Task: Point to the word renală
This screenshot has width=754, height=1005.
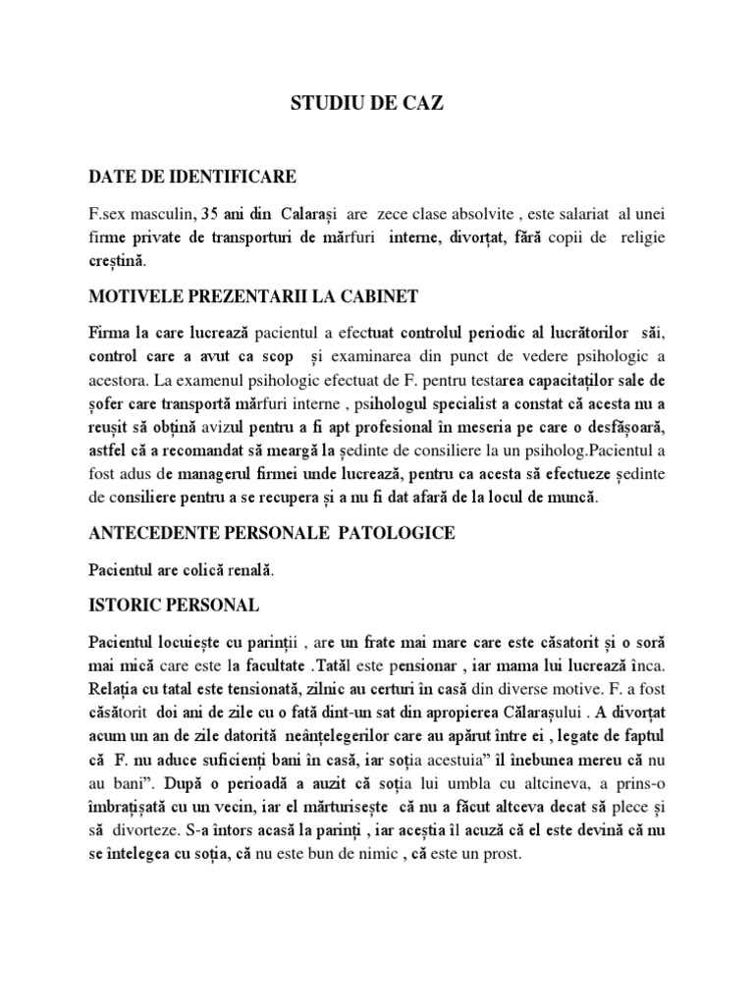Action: point(249,568)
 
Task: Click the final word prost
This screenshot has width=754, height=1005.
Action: point(503,855)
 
